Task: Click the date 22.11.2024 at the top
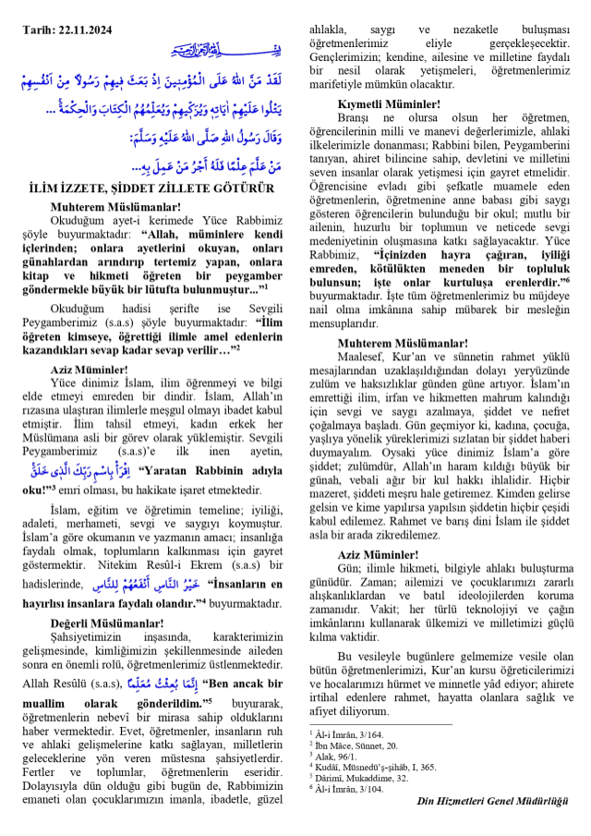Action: [x=86, y=30]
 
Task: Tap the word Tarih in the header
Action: [x=40, y=30]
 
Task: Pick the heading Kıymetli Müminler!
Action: [x=388, y=105]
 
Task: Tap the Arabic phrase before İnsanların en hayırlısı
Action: [x=153, y=584]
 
